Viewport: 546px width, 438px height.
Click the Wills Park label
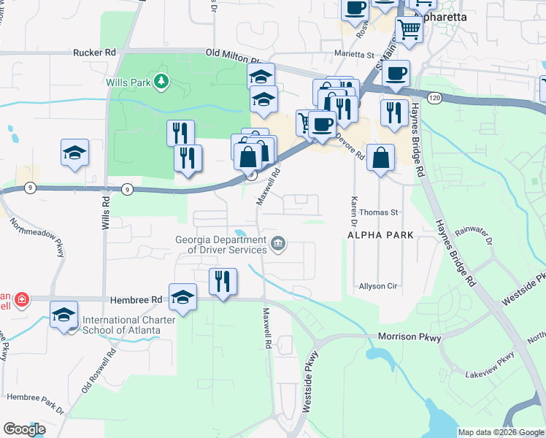pyautogui.click(x=132, y=82)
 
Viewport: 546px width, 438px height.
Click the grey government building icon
pyautogui.click(x=278, y=244)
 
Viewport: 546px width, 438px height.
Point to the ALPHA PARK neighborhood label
pyautogui.click(x=380, y=235)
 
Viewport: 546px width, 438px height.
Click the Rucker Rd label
pyautogui.click(x=95, y=53)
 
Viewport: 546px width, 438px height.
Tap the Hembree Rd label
pyautogui.click(x=136, y=300)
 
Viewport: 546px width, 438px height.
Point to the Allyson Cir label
pyautogui.click(x=377, y=286)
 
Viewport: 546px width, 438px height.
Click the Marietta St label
pyautogui.click(x=353, y=55)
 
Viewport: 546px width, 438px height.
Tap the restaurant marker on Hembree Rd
pyautogui.click(x=223, y=281)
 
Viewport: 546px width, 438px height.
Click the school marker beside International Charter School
pyautogui.click(x=64, y=315)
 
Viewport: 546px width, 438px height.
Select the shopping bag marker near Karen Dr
pyautogui.click(x=381, y=157)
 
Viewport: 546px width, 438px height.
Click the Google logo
pyautogui.click(x=24, y=429)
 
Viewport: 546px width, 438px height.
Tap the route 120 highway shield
pyautogui.click(x=434, y=96)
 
